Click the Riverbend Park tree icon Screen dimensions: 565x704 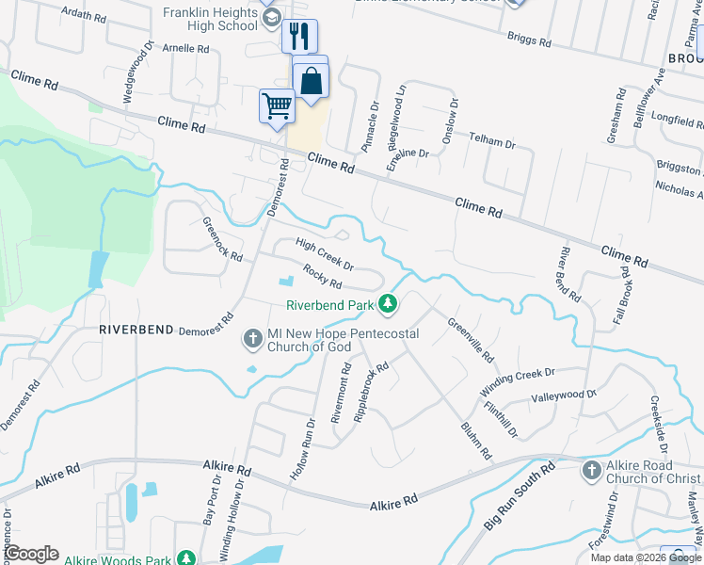click(x=387, y=304)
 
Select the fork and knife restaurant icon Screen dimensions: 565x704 click(x=299, y=37)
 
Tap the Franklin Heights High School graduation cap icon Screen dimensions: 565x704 click(x=272, y=19)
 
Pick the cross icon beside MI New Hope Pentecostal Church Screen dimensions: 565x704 click(x=252, y=337)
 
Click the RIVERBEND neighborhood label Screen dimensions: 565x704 click(x=136, y=330)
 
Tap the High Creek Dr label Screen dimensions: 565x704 click(x=324, y=253)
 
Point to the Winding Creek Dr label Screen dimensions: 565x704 click(x=519, y=381)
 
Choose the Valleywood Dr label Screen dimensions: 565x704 click(x=564, y=397)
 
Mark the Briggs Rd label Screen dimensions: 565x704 click(x=529, y=39)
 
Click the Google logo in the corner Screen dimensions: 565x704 click(x=31, y=554)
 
